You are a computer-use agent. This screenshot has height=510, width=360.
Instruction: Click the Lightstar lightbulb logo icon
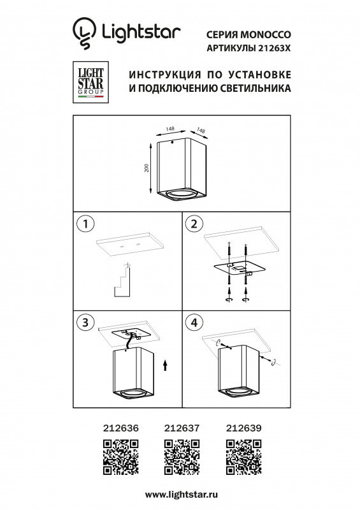(82, 33)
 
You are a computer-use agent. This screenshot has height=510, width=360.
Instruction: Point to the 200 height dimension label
(147, 168)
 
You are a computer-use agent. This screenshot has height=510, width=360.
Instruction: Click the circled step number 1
(84, 224)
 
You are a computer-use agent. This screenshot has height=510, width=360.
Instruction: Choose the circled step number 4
(194, 323)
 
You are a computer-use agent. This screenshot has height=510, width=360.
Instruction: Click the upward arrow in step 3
(165, 365)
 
